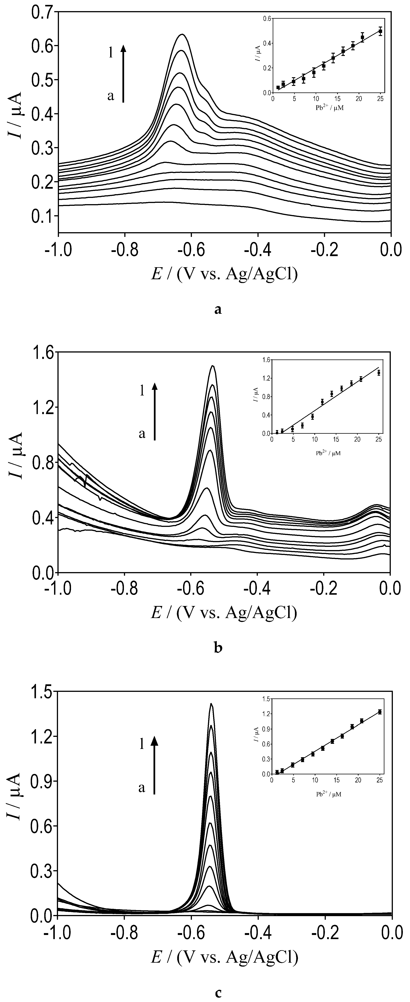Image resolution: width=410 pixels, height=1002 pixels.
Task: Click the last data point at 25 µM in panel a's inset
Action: [380, 31]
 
